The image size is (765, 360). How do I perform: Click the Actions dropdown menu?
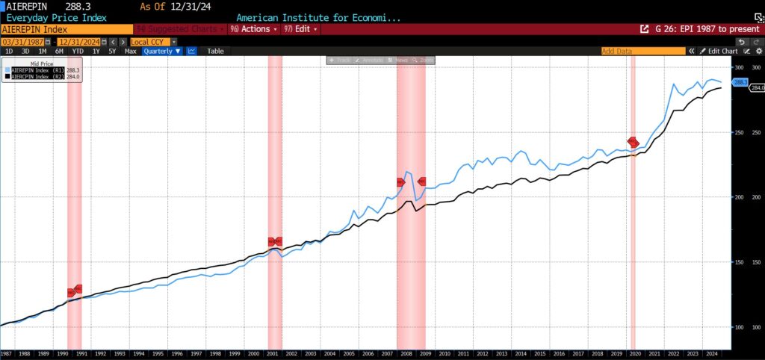(x=254, y=29)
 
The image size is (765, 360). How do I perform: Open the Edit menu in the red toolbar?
(x=306, y=29)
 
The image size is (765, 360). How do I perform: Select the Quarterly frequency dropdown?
(x=163, y=51)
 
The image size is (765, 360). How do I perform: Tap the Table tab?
(x=215, y=51)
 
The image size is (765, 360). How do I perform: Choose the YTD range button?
(x=77, y=51)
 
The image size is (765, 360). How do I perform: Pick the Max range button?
(x=130, y=51)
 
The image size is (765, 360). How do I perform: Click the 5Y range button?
(x=112, y=51)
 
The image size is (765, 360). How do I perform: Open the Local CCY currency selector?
(x=149, y=42)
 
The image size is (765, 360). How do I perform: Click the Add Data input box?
(x=642, y=51)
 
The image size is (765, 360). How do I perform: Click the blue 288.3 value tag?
(x=741, y=82)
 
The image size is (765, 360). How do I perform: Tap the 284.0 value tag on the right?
(x=757, y=88)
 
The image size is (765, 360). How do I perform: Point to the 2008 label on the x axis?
(x=406, y=353)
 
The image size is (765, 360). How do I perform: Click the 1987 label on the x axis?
(x=6, y=353)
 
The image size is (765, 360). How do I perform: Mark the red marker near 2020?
(x=633, y=142)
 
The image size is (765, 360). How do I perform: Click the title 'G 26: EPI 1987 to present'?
(x=700, y=29)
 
